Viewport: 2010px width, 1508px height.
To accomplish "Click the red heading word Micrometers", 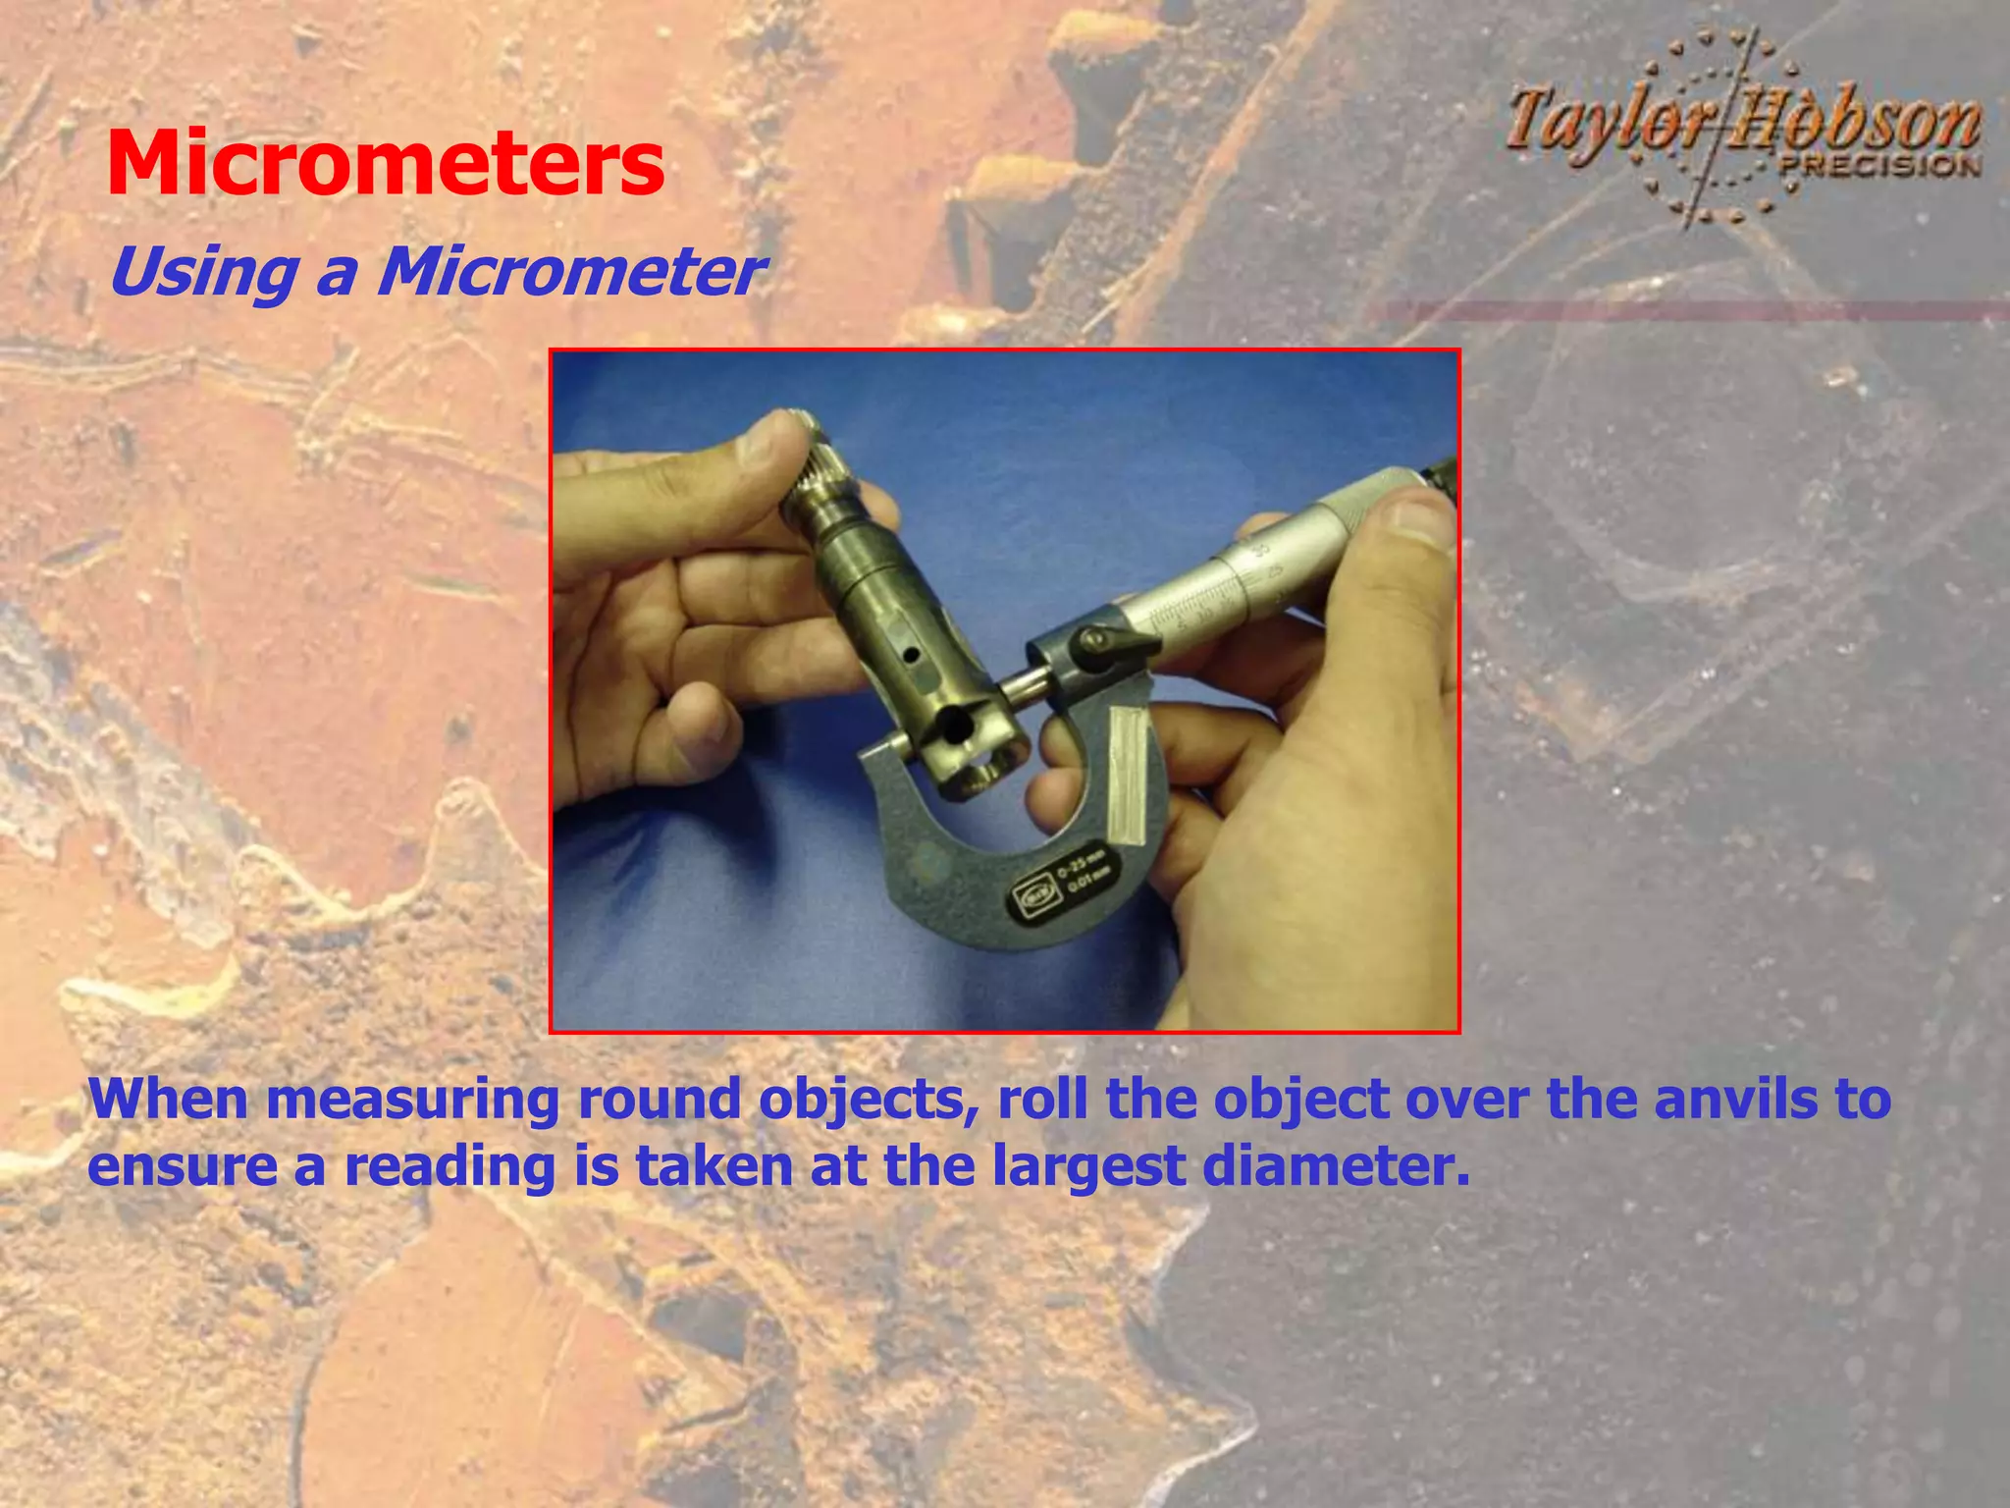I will [x=385, y=163].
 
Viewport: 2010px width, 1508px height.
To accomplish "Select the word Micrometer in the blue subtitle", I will [x=570, y=272].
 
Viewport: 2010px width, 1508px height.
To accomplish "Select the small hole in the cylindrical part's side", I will [x=914, y=654].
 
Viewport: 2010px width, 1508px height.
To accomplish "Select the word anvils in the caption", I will [x=1736, y=1100].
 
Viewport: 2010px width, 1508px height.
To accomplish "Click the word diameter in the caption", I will [x=1336, y=1166].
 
